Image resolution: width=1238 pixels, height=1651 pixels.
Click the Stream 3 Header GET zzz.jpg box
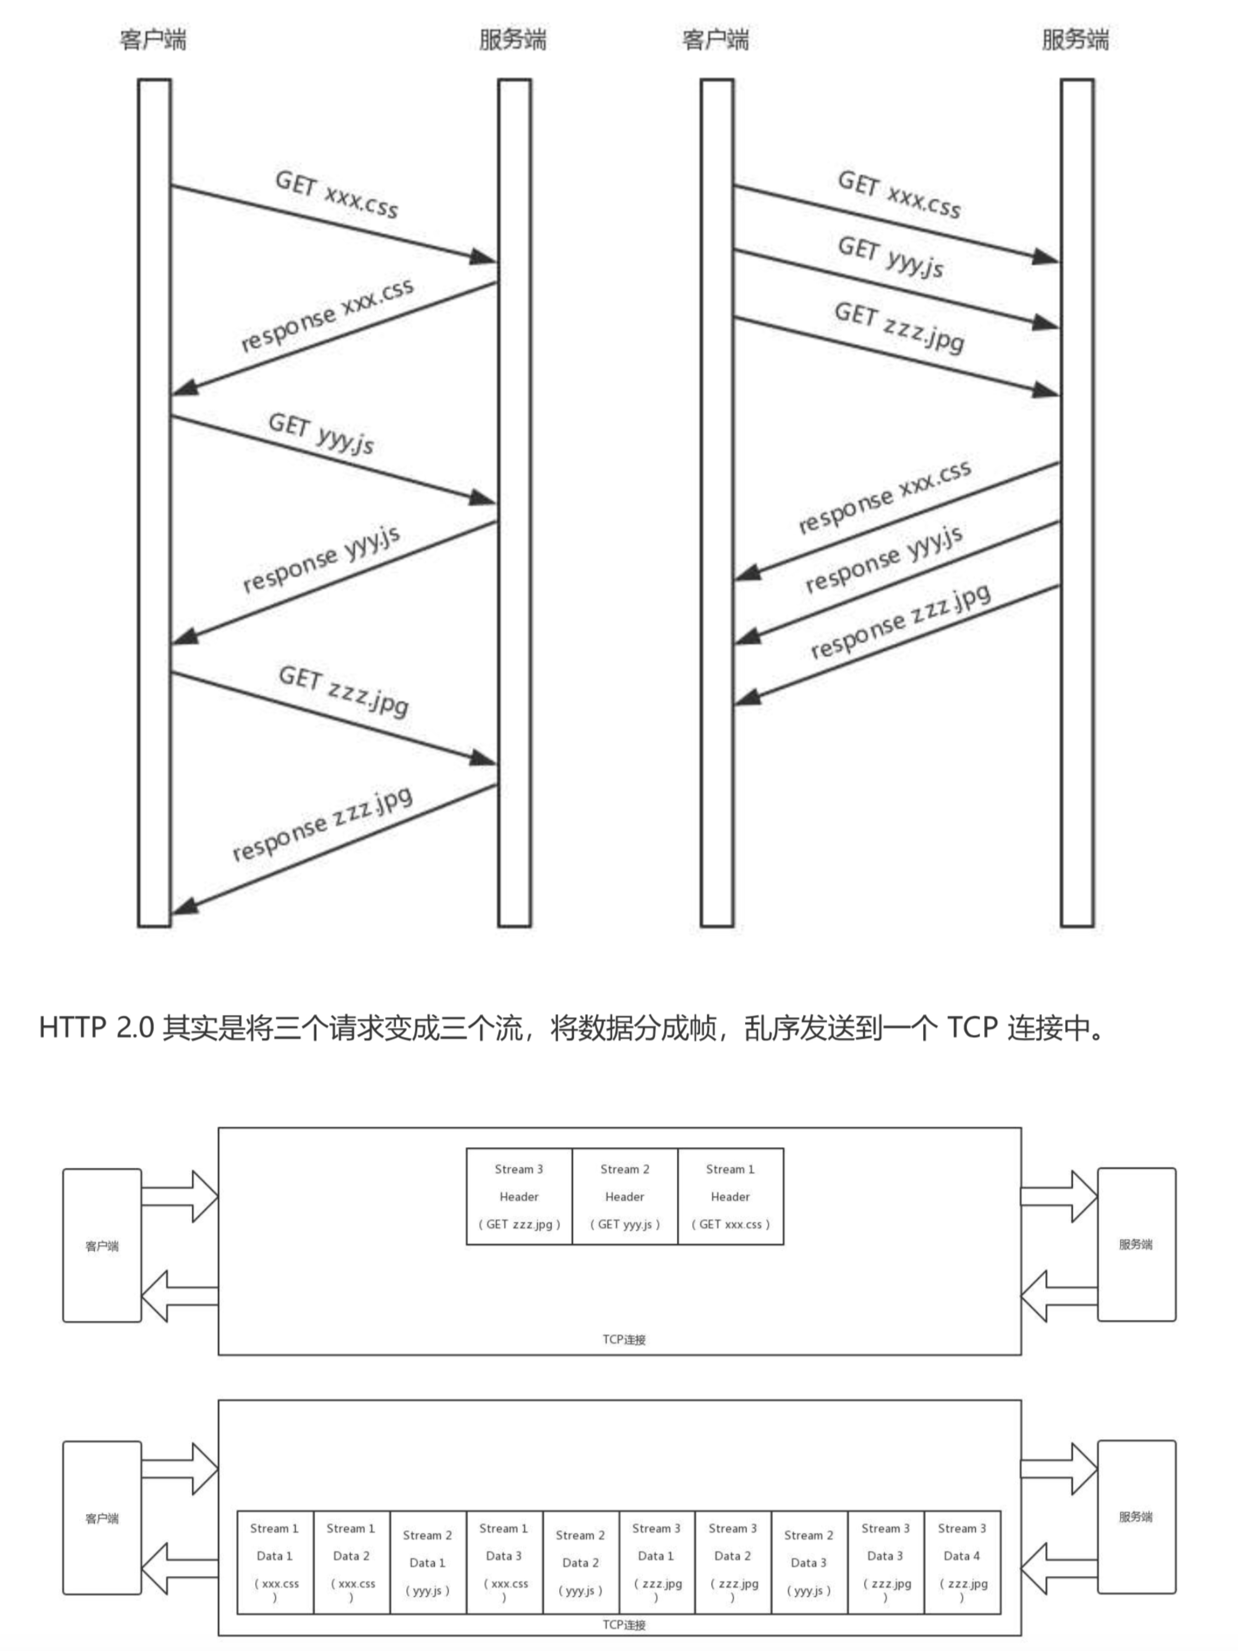tap(519, 1196)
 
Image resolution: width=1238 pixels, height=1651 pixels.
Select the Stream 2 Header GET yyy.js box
tap(625, 1196)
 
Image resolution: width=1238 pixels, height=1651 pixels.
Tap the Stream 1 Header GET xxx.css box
tap(730, 1196)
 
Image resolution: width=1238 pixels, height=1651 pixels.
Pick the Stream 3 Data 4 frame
tap(962, 1562)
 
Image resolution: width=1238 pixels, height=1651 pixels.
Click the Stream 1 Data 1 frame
tap(275, 1562)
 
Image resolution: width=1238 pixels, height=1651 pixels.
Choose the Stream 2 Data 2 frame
tap(580, 1562)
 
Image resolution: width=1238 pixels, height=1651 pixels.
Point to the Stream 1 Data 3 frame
tap(504, 1562)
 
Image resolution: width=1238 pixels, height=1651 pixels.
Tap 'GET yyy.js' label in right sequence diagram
tap(890, 256)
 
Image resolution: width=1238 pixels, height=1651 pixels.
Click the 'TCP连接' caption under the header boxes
tap(624, 1339)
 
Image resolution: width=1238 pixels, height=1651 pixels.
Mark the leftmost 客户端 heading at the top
tap(153, 40)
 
